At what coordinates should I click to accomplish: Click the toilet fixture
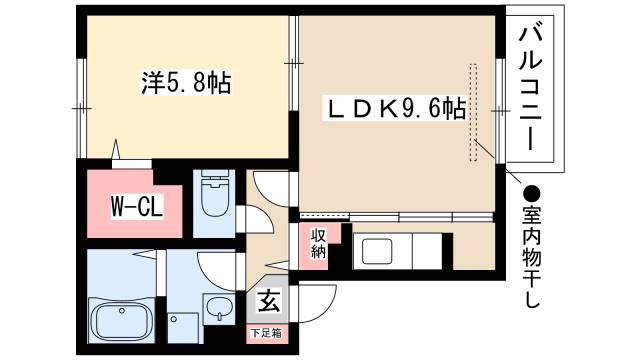(x=216, y=200)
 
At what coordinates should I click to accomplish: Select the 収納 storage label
(x=317, y=244)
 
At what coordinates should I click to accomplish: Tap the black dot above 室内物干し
(x=532, y=193)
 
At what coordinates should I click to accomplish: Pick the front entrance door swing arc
(x=318, y=301)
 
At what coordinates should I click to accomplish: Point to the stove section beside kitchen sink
(x=428, y=250)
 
